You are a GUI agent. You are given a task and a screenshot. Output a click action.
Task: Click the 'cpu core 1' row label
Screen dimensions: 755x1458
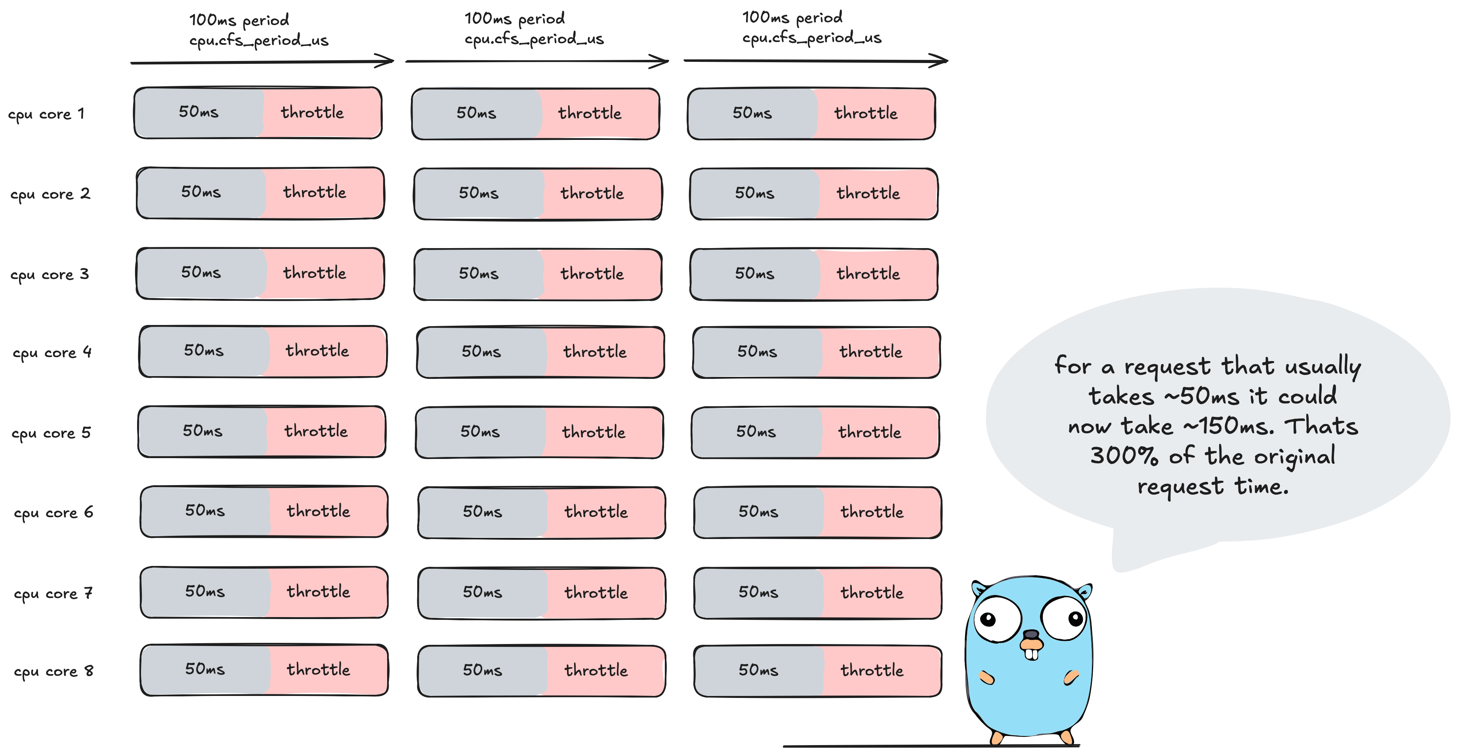tap(46, 114)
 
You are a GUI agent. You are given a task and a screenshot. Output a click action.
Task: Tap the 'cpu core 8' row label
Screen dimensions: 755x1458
tap(53, 672)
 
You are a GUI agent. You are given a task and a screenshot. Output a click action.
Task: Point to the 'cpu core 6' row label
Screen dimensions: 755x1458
tap(53, 513)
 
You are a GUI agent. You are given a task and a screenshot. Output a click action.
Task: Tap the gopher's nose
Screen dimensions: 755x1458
tap(1031, 635)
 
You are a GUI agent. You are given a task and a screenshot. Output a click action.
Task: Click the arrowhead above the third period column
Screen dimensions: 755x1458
tap(941, 60)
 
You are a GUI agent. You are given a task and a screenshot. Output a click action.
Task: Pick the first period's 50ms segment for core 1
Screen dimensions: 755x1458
tap(198, 112)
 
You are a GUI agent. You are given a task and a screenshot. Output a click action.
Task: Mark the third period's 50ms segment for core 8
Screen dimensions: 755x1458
tap(758, 671)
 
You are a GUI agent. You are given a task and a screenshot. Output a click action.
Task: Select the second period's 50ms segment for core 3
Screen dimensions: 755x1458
tap(479, 274)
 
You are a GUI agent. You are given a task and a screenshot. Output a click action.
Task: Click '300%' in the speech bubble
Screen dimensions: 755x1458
tap(1124, 456)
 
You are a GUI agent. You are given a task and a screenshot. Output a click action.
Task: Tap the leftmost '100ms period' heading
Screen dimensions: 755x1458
tap(239, 20)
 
